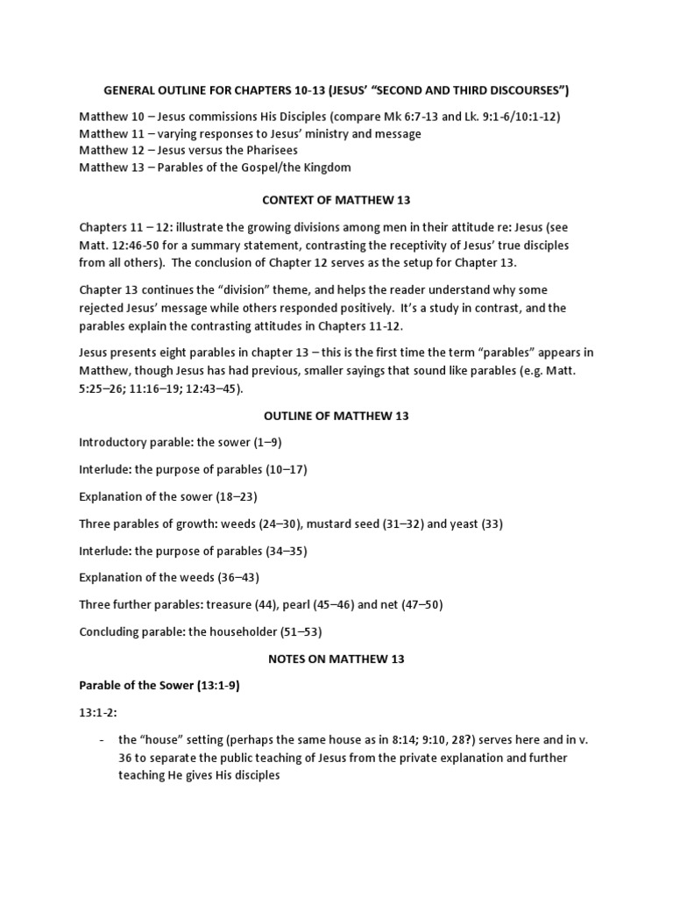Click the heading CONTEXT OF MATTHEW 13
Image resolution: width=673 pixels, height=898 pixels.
(x=336, y=201)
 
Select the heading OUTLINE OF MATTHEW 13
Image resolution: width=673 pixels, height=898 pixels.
(x=336, y=416)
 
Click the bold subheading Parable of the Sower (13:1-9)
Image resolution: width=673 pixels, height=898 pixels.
(x=159, y=686)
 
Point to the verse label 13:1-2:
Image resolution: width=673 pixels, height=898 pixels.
(x=98, y=713)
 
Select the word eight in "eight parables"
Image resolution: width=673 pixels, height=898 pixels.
(x=167, y=353)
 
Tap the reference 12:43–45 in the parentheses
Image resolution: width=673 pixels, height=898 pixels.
(x=211, y=388)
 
